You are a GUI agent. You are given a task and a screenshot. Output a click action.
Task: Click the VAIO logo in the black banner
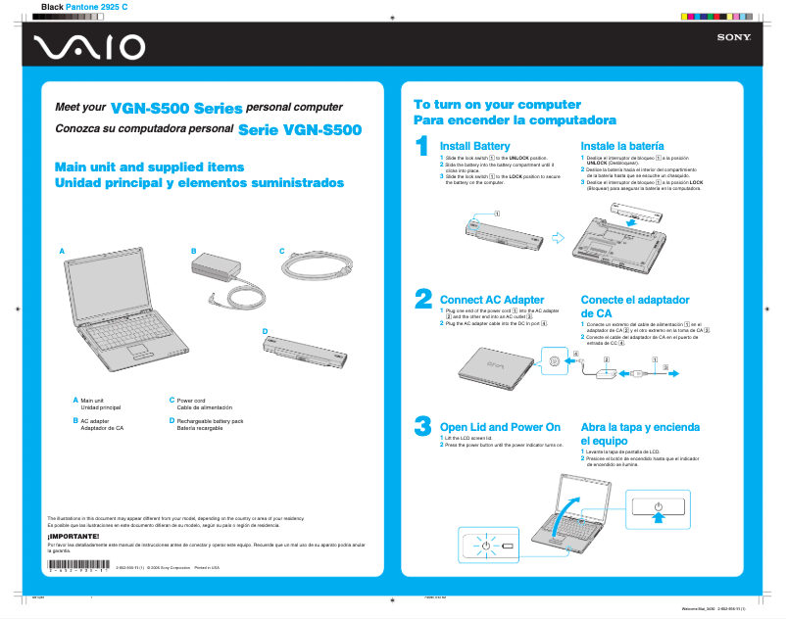88,47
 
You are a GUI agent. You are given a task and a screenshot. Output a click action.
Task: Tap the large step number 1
422,146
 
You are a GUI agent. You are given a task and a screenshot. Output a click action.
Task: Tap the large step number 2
422,298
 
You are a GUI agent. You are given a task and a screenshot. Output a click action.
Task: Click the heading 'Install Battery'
474,145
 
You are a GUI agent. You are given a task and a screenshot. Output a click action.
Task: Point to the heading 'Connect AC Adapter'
492,300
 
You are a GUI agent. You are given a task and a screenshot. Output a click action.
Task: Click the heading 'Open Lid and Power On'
500,427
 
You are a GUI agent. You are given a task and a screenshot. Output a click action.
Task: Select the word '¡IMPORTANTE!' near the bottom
74,536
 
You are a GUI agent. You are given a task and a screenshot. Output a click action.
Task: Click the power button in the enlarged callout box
659,508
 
